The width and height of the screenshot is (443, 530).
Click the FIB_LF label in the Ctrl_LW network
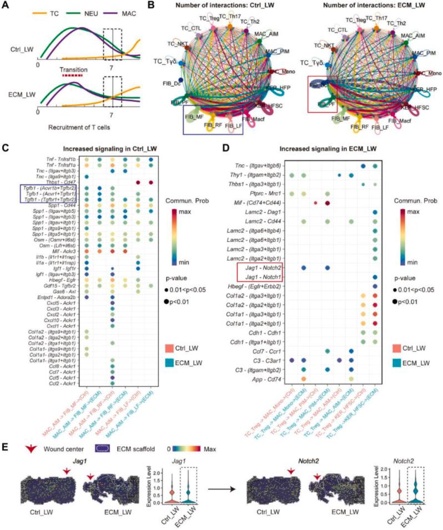(x=238, y=127)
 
